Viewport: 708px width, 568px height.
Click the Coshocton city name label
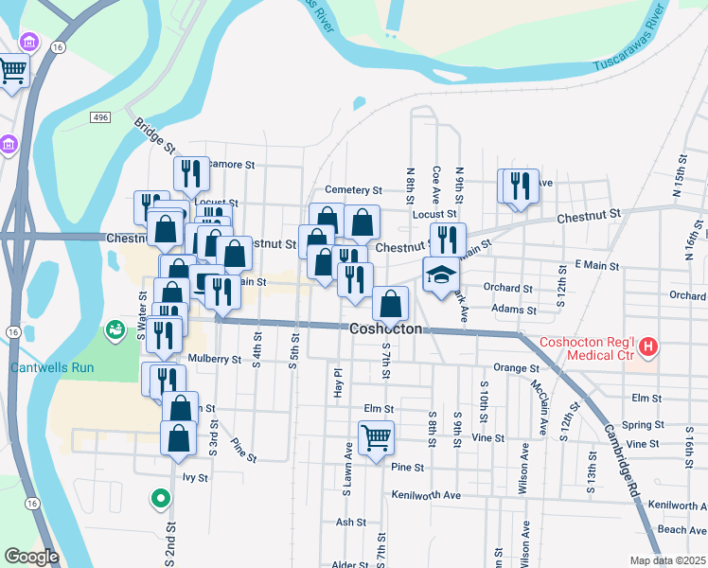click(x=385, y=329)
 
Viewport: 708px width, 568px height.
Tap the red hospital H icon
click(x=648, y=347)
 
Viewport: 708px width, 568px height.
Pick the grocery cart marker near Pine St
click(x=376, y=437)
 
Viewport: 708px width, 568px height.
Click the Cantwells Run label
click(x=44, y=367)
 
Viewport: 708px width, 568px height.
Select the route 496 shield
click(x=101, y=115)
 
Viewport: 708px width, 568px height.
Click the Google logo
click(x=31, y=557)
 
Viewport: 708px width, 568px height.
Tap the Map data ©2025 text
click(x=668, y=560)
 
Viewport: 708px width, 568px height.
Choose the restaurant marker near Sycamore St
click(x=191, y=172)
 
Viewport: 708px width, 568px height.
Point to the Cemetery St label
click(x=353, y=190)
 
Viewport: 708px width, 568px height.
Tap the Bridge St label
click(x=154, y=136)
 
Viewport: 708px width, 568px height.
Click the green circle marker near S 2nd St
click(x=161, y=497)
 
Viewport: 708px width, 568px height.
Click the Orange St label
click(x=516, y=367)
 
